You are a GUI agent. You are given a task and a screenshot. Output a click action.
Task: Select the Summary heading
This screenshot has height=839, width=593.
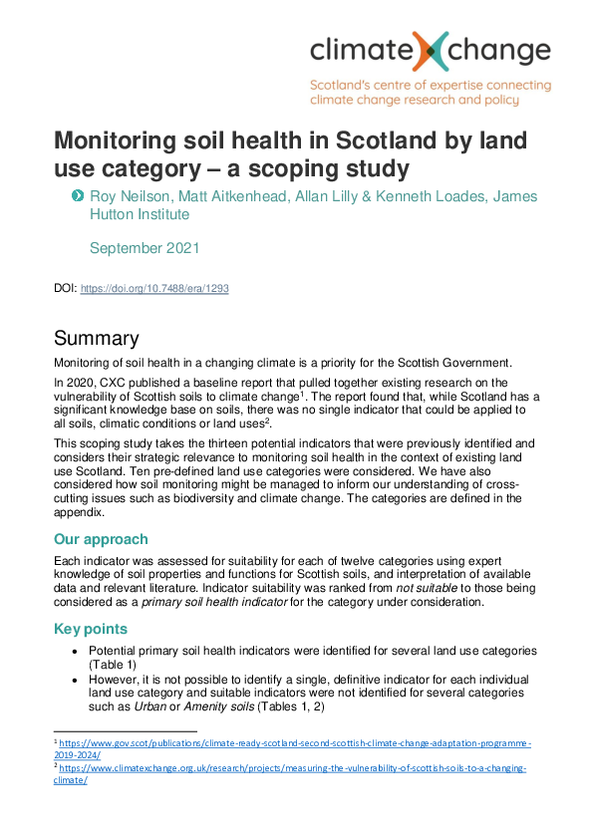pyautogui.click(x=97, y=338)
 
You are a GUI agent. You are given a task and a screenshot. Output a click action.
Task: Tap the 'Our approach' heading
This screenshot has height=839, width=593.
pyautogui.click(x=103, y=539)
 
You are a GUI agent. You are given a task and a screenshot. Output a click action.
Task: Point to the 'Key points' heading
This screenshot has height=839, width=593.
pyautogui.click(x=93, y=630)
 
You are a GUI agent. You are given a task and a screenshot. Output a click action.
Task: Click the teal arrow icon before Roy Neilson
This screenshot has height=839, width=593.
pyautogui.click(x=78, y=195)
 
